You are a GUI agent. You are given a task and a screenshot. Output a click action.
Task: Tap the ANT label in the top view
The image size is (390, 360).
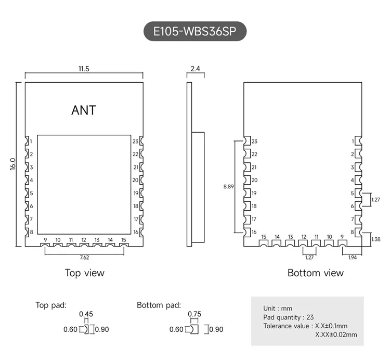coord(84,110)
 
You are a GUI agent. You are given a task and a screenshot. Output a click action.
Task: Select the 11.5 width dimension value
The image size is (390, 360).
coord(84,69)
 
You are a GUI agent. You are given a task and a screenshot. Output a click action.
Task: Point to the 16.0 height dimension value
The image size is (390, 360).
coord(13,164)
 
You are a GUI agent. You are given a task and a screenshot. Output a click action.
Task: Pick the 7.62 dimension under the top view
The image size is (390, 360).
coord(84,256)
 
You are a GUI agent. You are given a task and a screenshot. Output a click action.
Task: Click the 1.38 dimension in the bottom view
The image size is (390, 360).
coord(376,239)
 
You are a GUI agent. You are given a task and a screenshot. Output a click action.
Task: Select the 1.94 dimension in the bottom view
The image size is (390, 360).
coord(353,257)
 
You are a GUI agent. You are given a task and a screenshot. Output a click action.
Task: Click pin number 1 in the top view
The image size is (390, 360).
coord(31,142)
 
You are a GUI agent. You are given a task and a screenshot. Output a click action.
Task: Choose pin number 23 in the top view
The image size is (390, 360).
coord(135,142)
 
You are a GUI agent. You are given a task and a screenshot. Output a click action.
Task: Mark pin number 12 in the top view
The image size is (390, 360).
coord(84,240)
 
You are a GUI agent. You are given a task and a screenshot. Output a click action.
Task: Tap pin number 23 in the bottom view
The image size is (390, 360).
coord(254,142)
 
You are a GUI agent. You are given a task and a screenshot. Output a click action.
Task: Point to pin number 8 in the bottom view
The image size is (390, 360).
coord(353,232)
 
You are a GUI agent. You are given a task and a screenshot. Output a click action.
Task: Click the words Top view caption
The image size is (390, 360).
coord(84,273)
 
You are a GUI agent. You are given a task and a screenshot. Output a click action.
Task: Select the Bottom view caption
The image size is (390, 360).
coord(315,273)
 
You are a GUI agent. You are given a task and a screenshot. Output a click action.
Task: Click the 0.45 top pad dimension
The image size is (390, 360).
coord(86,314)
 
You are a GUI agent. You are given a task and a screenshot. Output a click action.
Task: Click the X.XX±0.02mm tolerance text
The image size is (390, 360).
coord(336,335)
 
